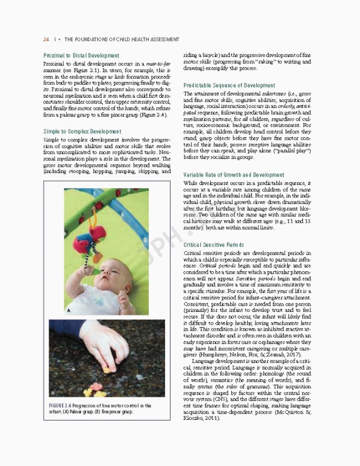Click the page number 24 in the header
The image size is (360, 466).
tap(46, 39)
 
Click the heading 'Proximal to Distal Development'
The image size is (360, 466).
tap(81, 55)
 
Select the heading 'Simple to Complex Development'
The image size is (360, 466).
tap(82, 131)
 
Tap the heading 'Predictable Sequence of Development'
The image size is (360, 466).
tap(229, 86)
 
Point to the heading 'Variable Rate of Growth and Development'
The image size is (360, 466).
tap(234, 175)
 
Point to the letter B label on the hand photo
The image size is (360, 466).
tap(53, 384)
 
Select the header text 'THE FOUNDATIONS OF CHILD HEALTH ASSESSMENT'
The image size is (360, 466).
tap(121, 39)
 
